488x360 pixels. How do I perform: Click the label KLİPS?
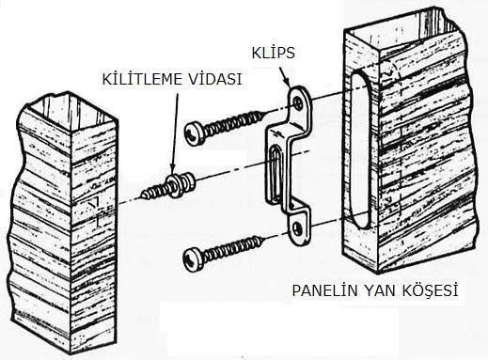[273, 53]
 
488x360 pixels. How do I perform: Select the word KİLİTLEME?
[143, 79]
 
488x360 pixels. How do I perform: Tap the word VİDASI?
[215, 79]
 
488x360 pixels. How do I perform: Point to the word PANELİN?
[324, 290]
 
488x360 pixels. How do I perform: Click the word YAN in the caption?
[380, 290]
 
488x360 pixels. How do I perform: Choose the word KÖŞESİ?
[430, 290]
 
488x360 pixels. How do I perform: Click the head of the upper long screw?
[195, 133]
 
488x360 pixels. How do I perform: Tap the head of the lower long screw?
[194, 259]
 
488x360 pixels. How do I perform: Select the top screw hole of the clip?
[298, 102]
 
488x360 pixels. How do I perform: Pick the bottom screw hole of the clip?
[298, 228]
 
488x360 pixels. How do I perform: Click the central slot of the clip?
[276, 173]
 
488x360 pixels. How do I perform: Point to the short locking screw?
[168, 186]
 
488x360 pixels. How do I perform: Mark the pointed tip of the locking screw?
[142, 196]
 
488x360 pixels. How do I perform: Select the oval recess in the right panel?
[359, 149]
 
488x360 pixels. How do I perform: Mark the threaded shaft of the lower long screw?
[233, 248]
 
